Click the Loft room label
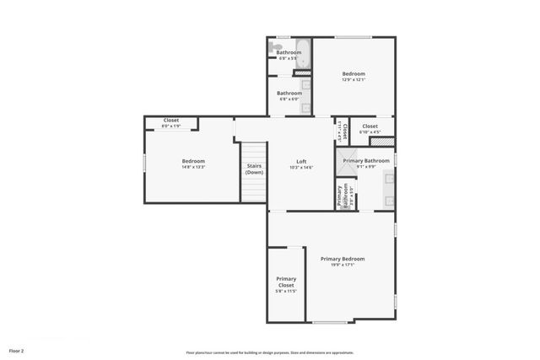point(301,162)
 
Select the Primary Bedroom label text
point(343,259)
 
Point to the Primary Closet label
point(286,282)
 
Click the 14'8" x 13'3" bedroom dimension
point(193,167)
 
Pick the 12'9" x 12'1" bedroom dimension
point(354,80)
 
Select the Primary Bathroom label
point(365,160)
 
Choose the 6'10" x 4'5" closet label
point(370,132)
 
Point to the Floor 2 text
point(17,350)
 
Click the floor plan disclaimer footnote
point(270,352)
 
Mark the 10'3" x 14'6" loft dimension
point(301,168)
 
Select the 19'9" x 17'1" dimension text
point(343,265)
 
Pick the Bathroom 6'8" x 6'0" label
point(290,95)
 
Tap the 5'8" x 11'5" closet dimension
point(286,291)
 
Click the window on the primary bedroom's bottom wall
point(330,322)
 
